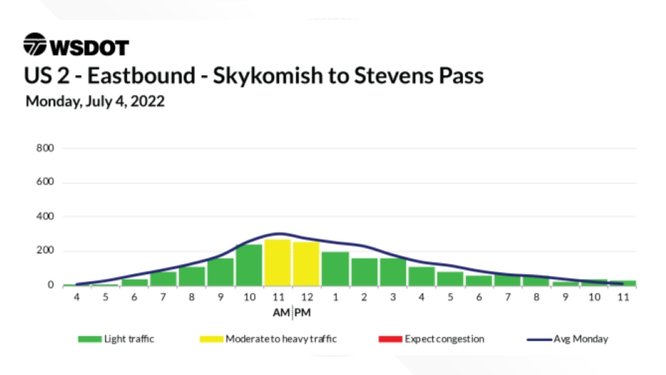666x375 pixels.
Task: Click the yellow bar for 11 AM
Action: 277,262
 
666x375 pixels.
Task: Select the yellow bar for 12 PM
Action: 306,264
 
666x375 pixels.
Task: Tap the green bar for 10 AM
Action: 249,265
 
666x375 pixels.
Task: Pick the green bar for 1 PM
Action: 335,269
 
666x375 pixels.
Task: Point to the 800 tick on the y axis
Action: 45,148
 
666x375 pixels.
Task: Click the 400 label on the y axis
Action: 45,217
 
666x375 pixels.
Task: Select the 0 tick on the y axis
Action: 51,285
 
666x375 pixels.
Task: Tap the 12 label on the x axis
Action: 307,297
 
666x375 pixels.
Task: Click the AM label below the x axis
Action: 281,313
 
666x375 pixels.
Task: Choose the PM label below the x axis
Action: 303,313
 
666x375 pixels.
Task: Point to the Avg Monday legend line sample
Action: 539,340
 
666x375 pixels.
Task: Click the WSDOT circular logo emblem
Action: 35,44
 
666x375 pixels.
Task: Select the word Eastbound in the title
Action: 141,76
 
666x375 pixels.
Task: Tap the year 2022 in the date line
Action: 147,101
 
